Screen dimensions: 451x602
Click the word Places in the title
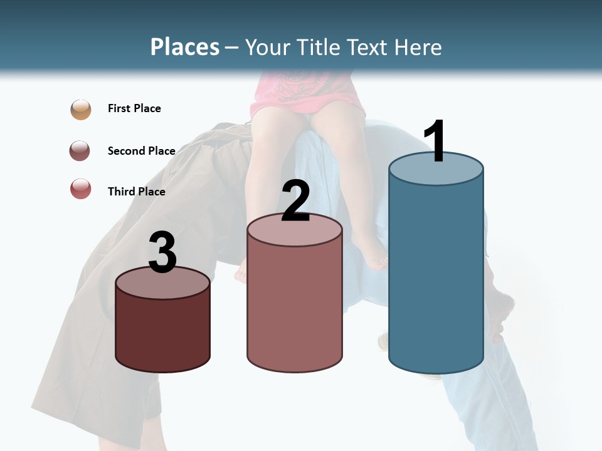[185, 47]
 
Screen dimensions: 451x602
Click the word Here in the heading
[418, 47]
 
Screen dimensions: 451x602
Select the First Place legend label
[134, 108]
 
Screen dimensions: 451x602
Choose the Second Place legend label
[141, 150]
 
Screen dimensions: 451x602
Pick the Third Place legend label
[137, 192]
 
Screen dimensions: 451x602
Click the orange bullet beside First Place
[81, 109]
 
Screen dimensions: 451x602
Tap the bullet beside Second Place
[80, 151]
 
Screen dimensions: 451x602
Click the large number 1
[435, 142]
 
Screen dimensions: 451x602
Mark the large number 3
[162, 252]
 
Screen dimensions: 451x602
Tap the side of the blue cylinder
[436, 276]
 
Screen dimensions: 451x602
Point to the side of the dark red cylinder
[162, 332]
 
